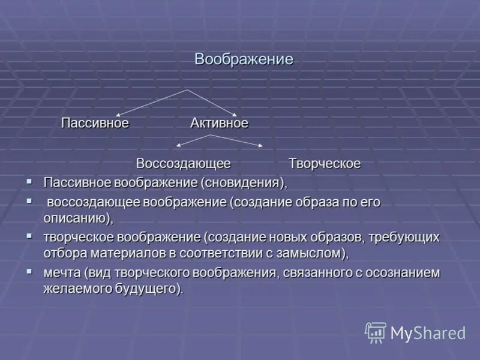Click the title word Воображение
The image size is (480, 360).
[244, 60]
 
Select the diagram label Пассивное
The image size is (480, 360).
[95, 123]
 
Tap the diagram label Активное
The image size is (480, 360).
[219, 123]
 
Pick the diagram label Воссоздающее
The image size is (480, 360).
[183, 163]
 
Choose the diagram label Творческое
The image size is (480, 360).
[325, 163]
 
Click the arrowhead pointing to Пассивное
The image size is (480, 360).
[118, 115]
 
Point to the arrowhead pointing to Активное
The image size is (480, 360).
[235, 114]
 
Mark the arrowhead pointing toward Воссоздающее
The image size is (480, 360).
[178, 146]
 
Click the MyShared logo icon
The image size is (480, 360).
[376, 332]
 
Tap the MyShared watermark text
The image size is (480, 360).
[428, 333]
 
